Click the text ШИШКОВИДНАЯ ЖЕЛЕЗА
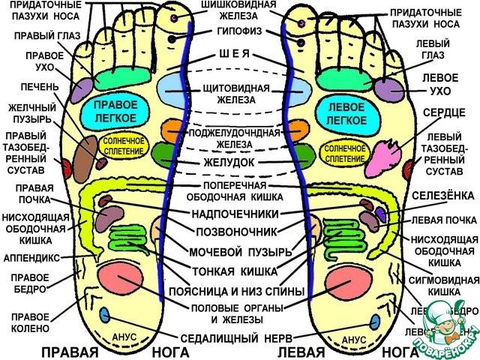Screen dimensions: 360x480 235,12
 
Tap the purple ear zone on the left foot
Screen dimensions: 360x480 388,88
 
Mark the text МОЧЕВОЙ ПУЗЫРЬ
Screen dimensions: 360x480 235,250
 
